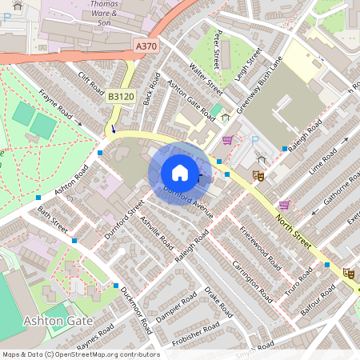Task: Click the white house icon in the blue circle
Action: click(180, 173)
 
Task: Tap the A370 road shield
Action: click(146, 47)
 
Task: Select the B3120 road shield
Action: click(121, 97)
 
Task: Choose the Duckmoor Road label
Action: click(135, 311)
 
